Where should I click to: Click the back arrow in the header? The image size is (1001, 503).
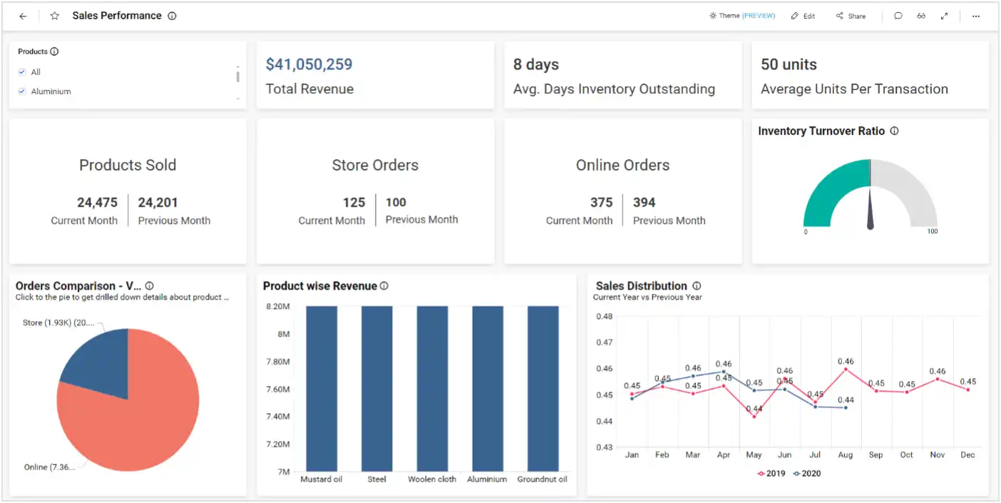(x=23, y=16)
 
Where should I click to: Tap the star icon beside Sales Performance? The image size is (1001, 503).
(x=55, y=16)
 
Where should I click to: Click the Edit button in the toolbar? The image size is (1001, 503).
(x=803, y=16)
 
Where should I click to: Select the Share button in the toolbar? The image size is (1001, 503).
(x=851, y=16)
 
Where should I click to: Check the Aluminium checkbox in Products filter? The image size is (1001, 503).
(x=22, y=91)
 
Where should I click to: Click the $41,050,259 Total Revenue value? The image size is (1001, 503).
(x=309, y=64)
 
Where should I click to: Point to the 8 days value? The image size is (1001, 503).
(x=535, y=64)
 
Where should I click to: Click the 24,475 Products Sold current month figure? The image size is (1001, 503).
(x=97, y=203)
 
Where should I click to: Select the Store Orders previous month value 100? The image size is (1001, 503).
(x=396, y=203)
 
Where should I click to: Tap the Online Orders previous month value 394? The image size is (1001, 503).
(x=644, y=203)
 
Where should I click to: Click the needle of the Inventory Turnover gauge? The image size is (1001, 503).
(x=871, y=210)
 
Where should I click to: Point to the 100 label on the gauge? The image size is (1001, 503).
(x=932, y=232)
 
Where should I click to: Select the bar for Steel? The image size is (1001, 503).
(x=376, y=389)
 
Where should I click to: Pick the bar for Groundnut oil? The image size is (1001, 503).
(x=543, y=389)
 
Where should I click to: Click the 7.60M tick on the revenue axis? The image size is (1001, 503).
(x=278, y=389)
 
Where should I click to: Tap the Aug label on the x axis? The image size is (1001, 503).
(x=846, y=455)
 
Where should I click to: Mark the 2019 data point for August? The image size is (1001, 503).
(x=846, y=369)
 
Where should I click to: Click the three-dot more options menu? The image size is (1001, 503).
(x=976, y=16)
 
